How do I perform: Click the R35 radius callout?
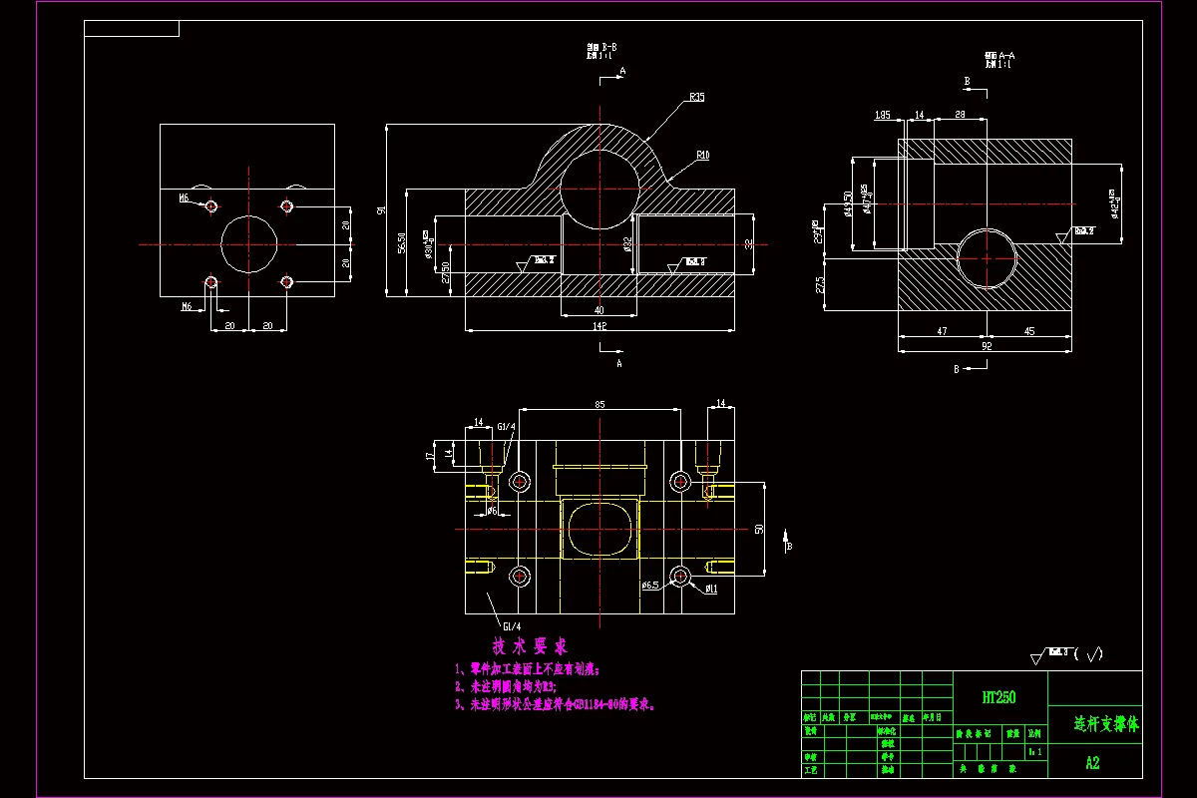pyautogui.click(x=696, y=98)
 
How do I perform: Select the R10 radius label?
pyautogui.click(x=702, y=156)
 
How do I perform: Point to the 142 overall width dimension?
pyautogui.click(x=599, y=325)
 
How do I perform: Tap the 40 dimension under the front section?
pyautogui.click(x=598, y=309)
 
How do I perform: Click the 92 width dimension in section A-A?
pyautogui.click(x=986, y=346)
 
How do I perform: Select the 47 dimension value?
pyautogui.click(x=943, y=330)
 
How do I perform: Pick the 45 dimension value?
pyautogui.click(x=1029, y=330)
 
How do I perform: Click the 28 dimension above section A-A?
pyautogui.click(x=960, y=116)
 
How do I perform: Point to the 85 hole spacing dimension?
pyautogui.click(x=599, y=404)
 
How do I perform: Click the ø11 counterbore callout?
pyautogui.click(x=711, y=589)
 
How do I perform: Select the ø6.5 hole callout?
pyautogui.click(x=649, y=585)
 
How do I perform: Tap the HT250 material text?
pyautogui.click(x=998, y=697)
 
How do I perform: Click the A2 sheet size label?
pyautogui.click(x=1092, y=763)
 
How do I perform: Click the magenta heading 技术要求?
pyautogui.click(x=530, y=645)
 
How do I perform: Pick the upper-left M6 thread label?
pyautogui.click(x=185, y=199)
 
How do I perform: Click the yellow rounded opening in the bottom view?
pyautogui.click(x=599, y=529)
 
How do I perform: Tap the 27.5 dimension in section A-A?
pyautogui.click(x=820, y=284)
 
